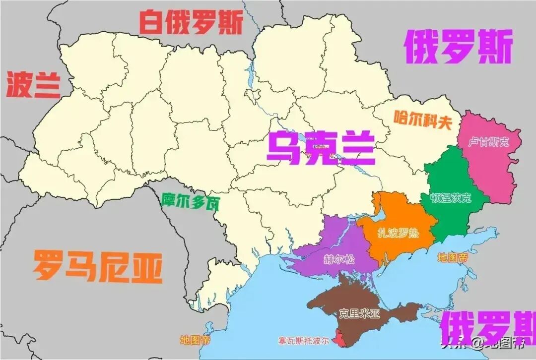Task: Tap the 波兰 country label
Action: tap(33, 85)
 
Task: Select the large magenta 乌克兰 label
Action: tap(321, 147)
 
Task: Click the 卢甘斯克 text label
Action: tap(489, 142)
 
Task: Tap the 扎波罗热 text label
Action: tap(398, 233)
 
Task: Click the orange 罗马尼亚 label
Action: tap(97, 266)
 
